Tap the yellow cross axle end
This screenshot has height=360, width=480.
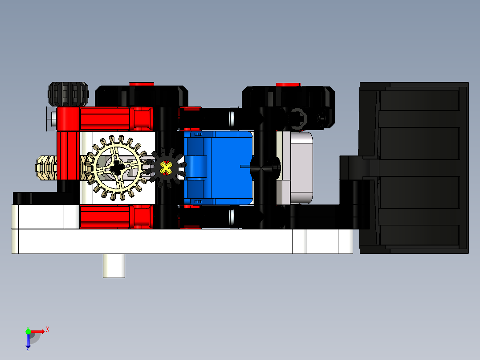click(166, 168)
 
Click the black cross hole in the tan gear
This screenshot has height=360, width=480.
click(117, 168)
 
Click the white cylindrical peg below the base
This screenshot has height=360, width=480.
click(114, 266)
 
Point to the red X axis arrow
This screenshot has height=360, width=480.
click(37, 331)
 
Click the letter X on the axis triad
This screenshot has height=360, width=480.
click(47, 329)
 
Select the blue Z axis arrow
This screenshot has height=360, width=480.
click(28, 341)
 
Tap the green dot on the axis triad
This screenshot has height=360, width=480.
click(28, 331)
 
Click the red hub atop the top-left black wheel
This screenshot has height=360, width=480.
click(142, 84)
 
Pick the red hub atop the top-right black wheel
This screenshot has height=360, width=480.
click(288, 84)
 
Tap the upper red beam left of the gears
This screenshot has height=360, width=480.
click(107, 119)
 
